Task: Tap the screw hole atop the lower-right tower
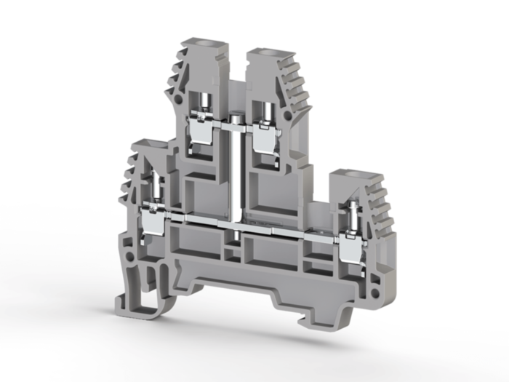pyautogui.click(x=353, y=177)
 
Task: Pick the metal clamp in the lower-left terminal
pyautogui.click(x=154, y=220)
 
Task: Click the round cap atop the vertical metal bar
pyautogui.click(x=236, y=118)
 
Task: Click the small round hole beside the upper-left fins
pyautogui.click(x=177, y=96)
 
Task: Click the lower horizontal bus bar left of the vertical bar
pyautogui.click(x=196, y=219)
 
